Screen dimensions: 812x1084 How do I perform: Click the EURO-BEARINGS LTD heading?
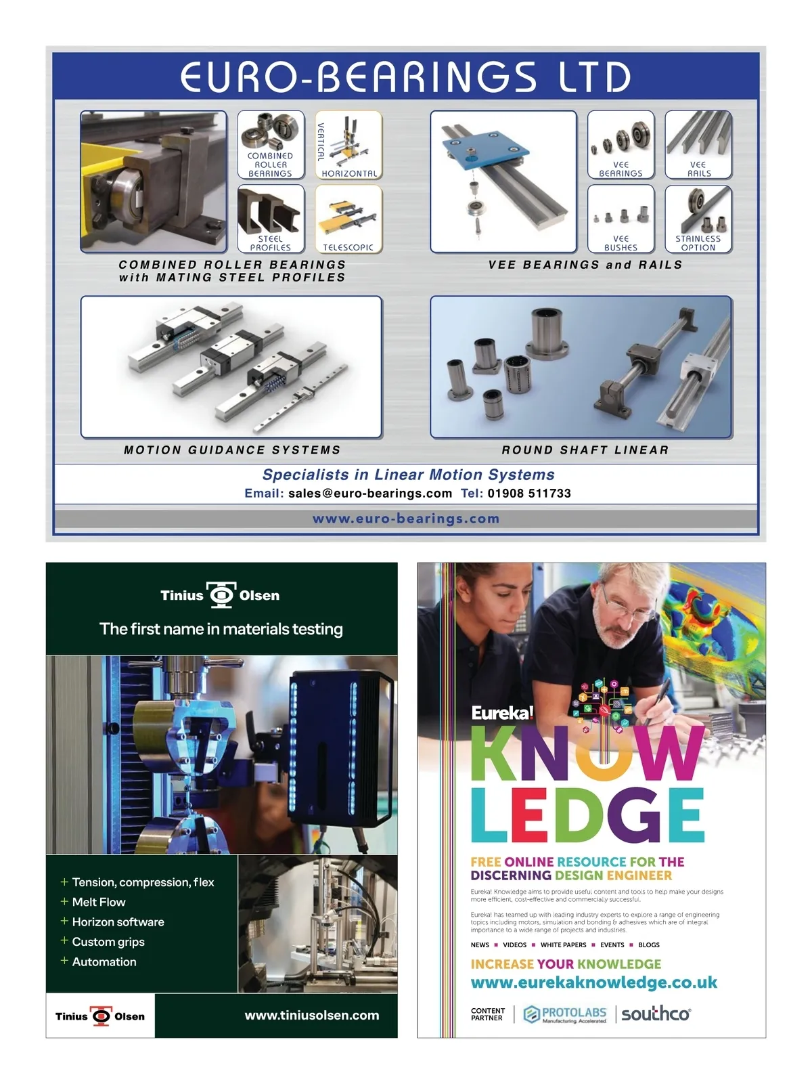tap(405, 77)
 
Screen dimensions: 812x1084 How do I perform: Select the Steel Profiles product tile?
tap(271, 219)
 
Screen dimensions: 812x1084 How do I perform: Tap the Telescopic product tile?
tap(348, 219)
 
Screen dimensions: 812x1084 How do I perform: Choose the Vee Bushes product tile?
tap(621, 219)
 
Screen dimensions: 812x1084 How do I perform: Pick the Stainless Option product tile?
tap(698, 219)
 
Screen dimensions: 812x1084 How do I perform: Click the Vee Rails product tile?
tap(698, 145)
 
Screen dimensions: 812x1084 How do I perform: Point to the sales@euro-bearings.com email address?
tap(370, 494)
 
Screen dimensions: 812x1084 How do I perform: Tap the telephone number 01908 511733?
tap(529, 494)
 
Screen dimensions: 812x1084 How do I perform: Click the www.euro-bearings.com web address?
tap(405, 519)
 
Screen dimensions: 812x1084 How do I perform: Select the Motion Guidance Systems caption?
tap(232, 450)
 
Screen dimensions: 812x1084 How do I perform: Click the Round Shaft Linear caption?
tap(585, 450)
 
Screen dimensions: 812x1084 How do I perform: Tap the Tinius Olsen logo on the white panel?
tap(100, 1016)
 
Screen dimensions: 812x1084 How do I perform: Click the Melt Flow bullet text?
tap(99, 902)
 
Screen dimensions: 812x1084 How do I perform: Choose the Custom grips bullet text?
tap(108, 942)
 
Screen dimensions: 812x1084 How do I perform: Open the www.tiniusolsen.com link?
tap(312, 1016)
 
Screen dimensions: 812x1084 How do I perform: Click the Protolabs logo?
tap(565, 1014)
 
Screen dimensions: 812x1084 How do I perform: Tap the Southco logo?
tap(656, 1014)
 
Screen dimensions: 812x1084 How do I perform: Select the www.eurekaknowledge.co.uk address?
tap(594, 982)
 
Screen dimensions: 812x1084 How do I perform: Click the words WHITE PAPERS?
tap(564, 945)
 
